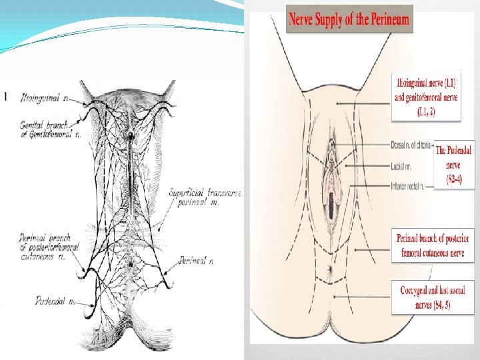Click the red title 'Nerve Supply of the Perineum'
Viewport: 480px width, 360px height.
tap(348, 19)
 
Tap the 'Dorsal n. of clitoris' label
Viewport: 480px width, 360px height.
tap(411, 144)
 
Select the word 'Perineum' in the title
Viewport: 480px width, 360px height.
tap(385, 19)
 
